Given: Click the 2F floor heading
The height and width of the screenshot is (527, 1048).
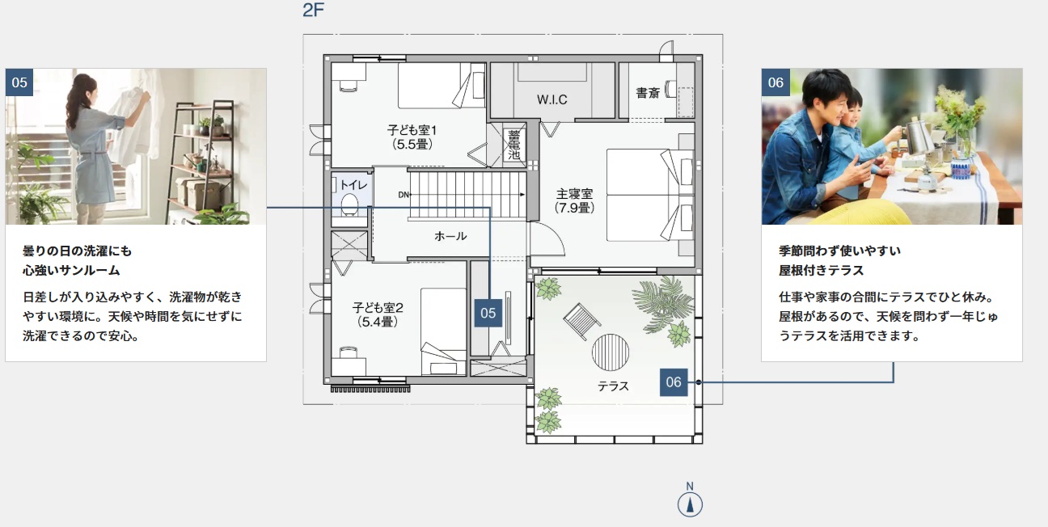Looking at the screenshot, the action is tap(313, 10).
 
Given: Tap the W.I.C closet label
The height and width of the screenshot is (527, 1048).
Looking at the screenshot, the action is tap(552, 99).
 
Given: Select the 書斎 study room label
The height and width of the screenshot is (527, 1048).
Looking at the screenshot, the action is tap(648, 93).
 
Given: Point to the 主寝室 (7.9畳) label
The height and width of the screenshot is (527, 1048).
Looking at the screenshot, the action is tap(574, 200).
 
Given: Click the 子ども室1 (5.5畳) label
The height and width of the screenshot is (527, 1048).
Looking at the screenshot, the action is tap(412, 137).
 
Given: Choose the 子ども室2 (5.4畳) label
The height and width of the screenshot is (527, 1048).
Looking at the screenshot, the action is tap(378, 314).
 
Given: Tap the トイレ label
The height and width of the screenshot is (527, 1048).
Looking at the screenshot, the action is tap(353, 185).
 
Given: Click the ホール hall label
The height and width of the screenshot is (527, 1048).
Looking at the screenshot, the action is tap(450, 236).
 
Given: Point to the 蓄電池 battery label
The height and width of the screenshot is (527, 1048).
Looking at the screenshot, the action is tap(513, 145).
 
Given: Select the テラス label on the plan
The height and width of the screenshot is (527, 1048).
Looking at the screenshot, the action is tap(614, 386).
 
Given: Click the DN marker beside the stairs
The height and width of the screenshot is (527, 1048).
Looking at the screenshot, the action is tap(404, 195).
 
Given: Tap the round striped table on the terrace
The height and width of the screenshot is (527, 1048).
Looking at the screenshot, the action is tap(610, 352).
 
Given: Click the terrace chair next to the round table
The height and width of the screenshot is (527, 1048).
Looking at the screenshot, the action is tap(581, 321).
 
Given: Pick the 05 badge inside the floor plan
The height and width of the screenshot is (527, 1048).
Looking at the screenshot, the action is tap(488, 313).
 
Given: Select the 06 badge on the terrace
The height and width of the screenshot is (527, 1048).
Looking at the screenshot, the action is tap(674, 382).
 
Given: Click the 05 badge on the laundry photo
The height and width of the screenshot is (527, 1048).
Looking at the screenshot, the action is tap(19, 82).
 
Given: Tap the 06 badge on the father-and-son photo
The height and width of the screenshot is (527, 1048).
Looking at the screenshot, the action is tap(775, 82).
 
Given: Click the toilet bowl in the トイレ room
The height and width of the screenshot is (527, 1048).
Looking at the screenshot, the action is tap(349, 204).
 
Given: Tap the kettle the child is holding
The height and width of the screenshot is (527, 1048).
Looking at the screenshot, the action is tap(918, 136).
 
